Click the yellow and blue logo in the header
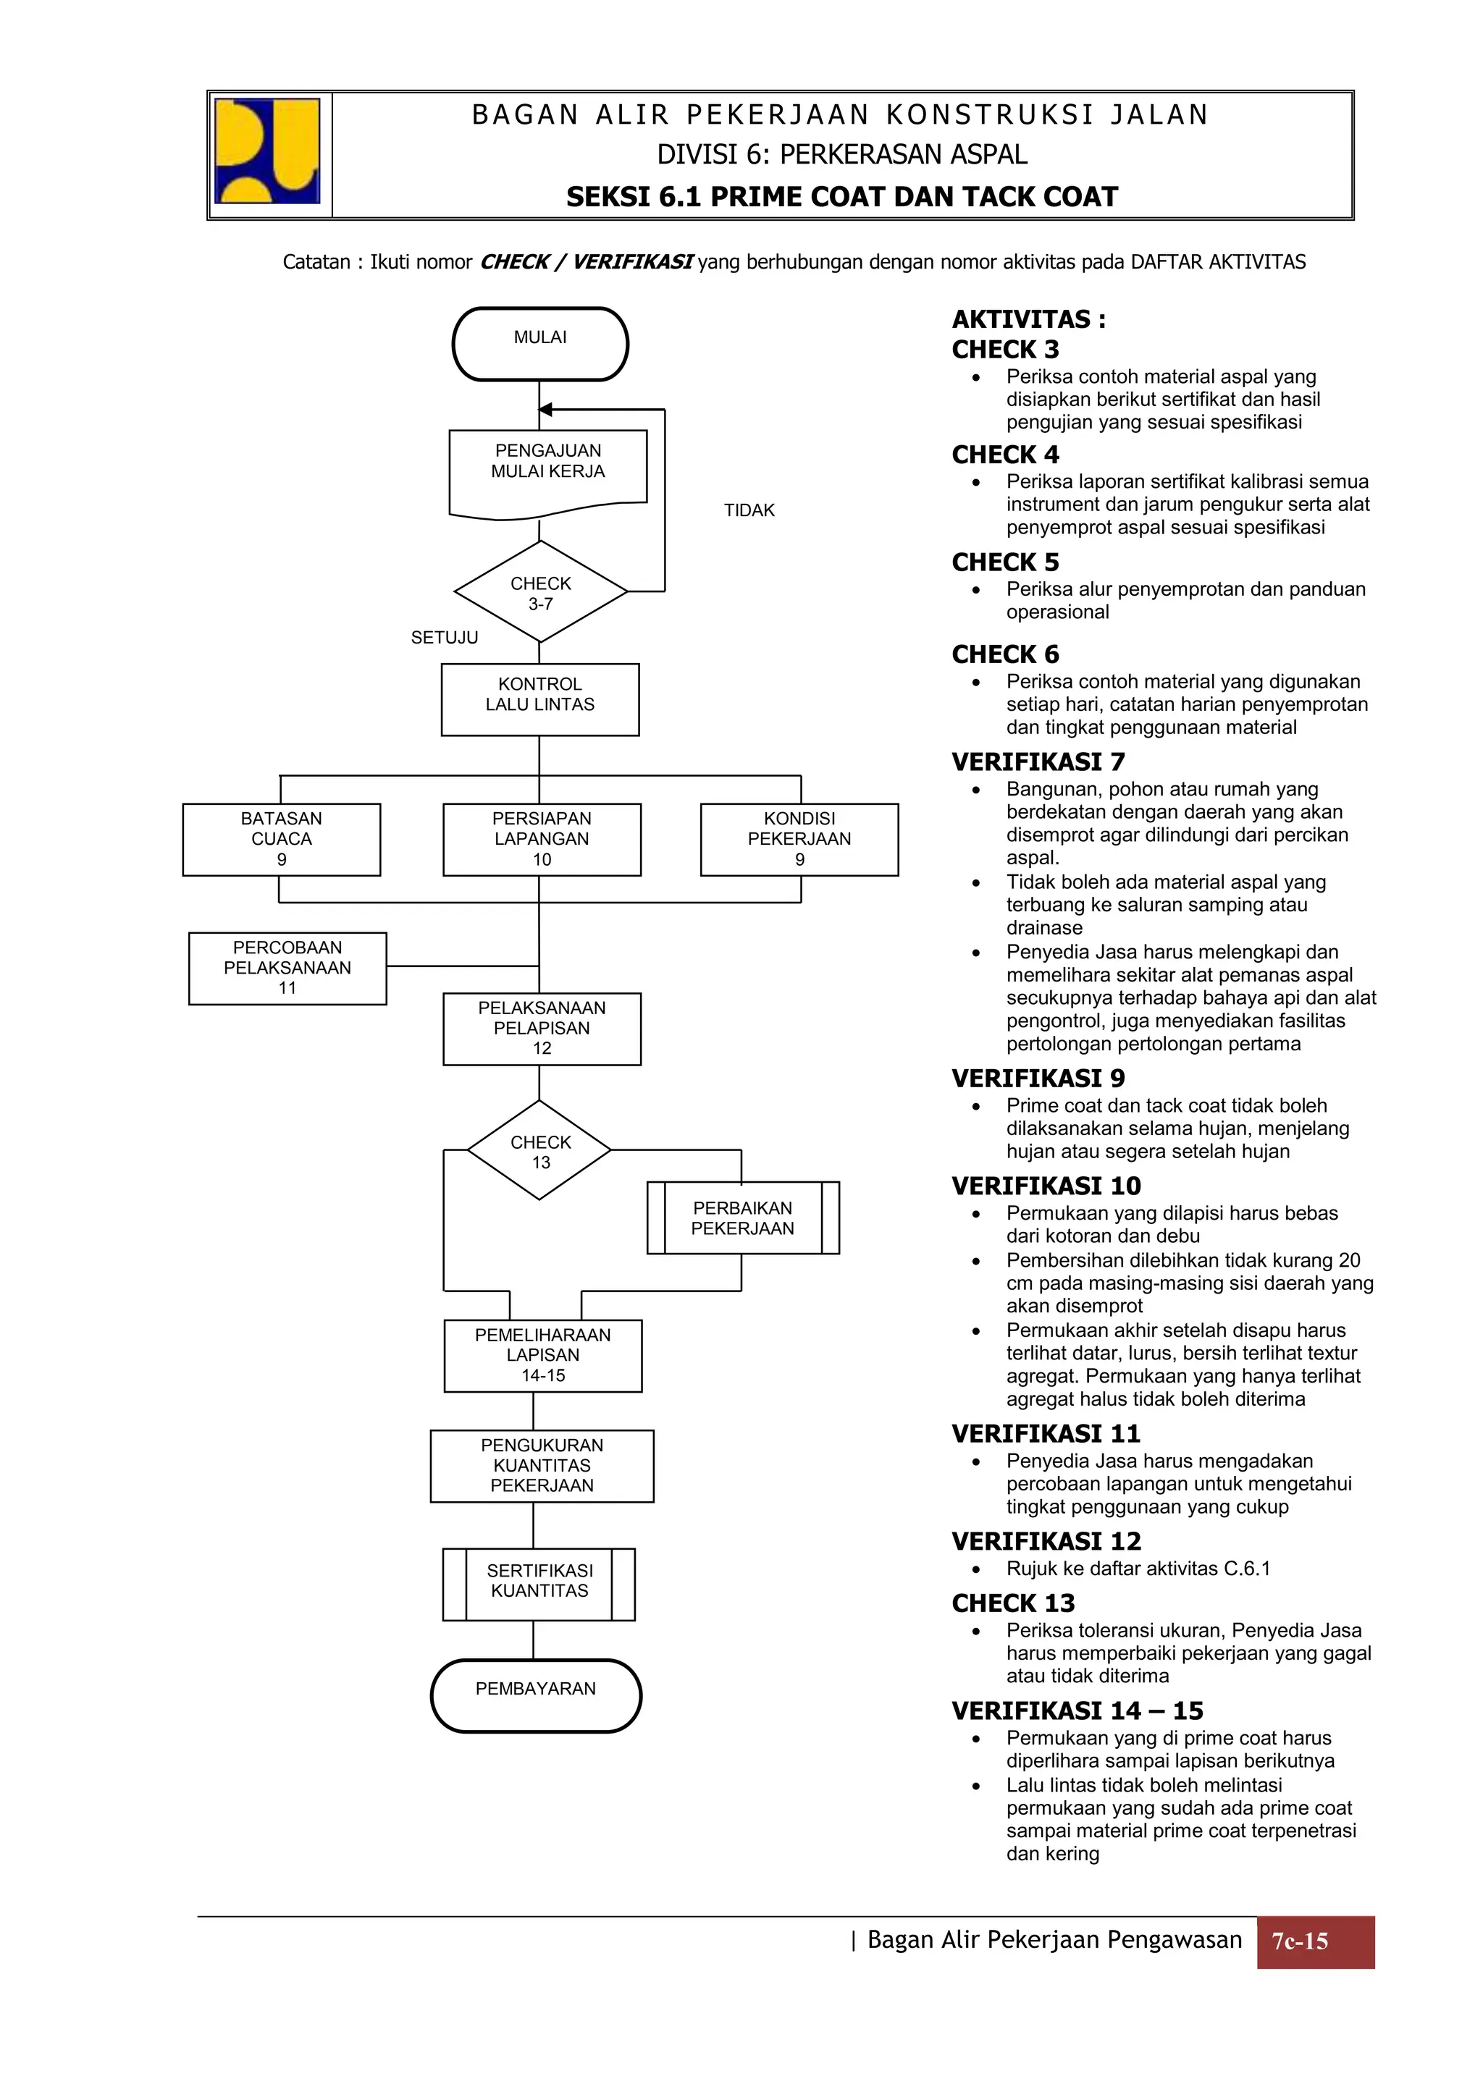tap(266, 151)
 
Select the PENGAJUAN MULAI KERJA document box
tap(547, 471)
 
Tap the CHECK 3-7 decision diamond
tap(540, 592)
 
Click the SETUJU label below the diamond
tap(444, 638)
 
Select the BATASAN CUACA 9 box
tap(282, 840)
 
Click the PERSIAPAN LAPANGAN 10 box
tap(542, 840)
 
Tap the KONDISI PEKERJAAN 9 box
tap(799, 840)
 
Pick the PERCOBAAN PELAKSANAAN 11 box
tap(287, 968)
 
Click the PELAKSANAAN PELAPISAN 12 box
tap(542, 1029)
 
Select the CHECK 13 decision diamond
tap(540, 1151)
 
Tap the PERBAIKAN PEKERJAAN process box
tap(743, 1218)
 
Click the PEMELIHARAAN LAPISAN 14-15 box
tap(543, 1355)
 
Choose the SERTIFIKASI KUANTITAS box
tap(539, 1584)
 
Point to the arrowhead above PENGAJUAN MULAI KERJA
tap(545, 410)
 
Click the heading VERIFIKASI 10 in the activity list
tap(1046, 1186)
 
